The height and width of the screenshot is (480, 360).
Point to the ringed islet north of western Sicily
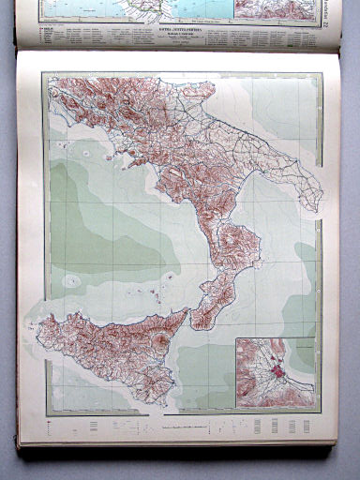click(x=71, y=280)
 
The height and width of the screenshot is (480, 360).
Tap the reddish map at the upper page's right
click(x=285, y=9)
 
